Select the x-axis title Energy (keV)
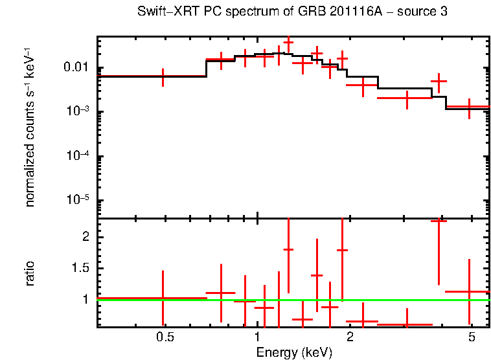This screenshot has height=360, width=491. [x=294, y=352]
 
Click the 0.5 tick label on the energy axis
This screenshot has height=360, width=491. [x=165, y=338]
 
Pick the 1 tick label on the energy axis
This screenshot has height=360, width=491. [x=258, y=338]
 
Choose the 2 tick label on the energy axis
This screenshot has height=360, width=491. [x=350, y=338]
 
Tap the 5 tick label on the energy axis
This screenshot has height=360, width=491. [x=471, y=338]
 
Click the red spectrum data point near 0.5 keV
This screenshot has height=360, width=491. [x=163, y=76]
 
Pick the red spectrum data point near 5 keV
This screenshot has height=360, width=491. [x=468, y=107]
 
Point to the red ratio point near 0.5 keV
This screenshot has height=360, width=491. [x=163, y=298]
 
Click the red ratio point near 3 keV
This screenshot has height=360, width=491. [x=407, y=324]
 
